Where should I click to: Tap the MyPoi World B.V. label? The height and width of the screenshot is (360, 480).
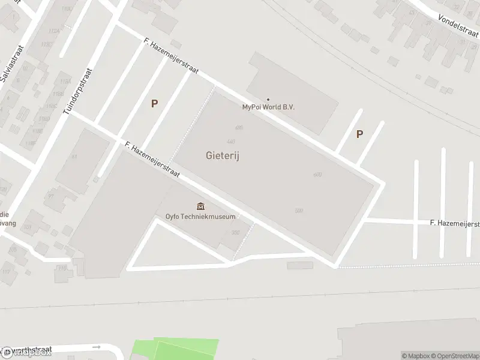point(268,107)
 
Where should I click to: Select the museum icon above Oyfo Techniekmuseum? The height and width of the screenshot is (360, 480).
point(200,207)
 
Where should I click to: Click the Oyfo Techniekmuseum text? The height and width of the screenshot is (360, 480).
point(200,217)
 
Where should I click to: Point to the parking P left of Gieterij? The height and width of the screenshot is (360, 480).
point(154,104)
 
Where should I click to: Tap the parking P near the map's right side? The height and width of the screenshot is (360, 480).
point(359,134)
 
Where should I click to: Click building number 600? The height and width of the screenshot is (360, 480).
point(317,175)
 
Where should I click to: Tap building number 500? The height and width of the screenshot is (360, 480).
point(299,210)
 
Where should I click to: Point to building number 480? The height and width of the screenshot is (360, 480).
point(239,128)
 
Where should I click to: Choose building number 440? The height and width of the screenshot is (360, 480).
point(231,141)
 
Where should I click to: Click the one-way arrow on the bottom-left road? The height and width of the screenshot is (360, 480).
point(96,347)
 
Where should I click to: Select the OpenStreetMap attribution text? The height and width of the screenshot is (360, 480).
point(455,356)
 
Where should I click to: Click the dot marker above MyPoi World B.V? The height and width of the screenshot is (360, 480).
point(268,100)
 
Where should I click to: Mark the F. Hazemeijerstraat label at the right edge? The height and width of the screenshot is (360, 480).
point(455,223)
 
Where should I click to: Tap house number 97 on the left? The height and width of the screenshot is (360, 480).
point(52,196)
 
